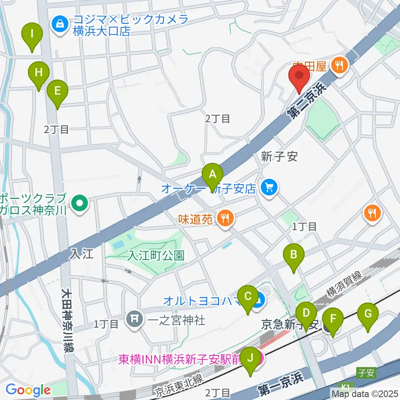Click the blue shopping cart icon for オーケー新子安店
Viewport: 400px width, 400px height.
pos(269,188)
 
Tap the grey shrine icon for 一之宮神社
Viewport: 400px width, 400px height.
pos(134,320)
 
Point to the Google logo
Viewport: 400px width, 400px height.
pos(27,390)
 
